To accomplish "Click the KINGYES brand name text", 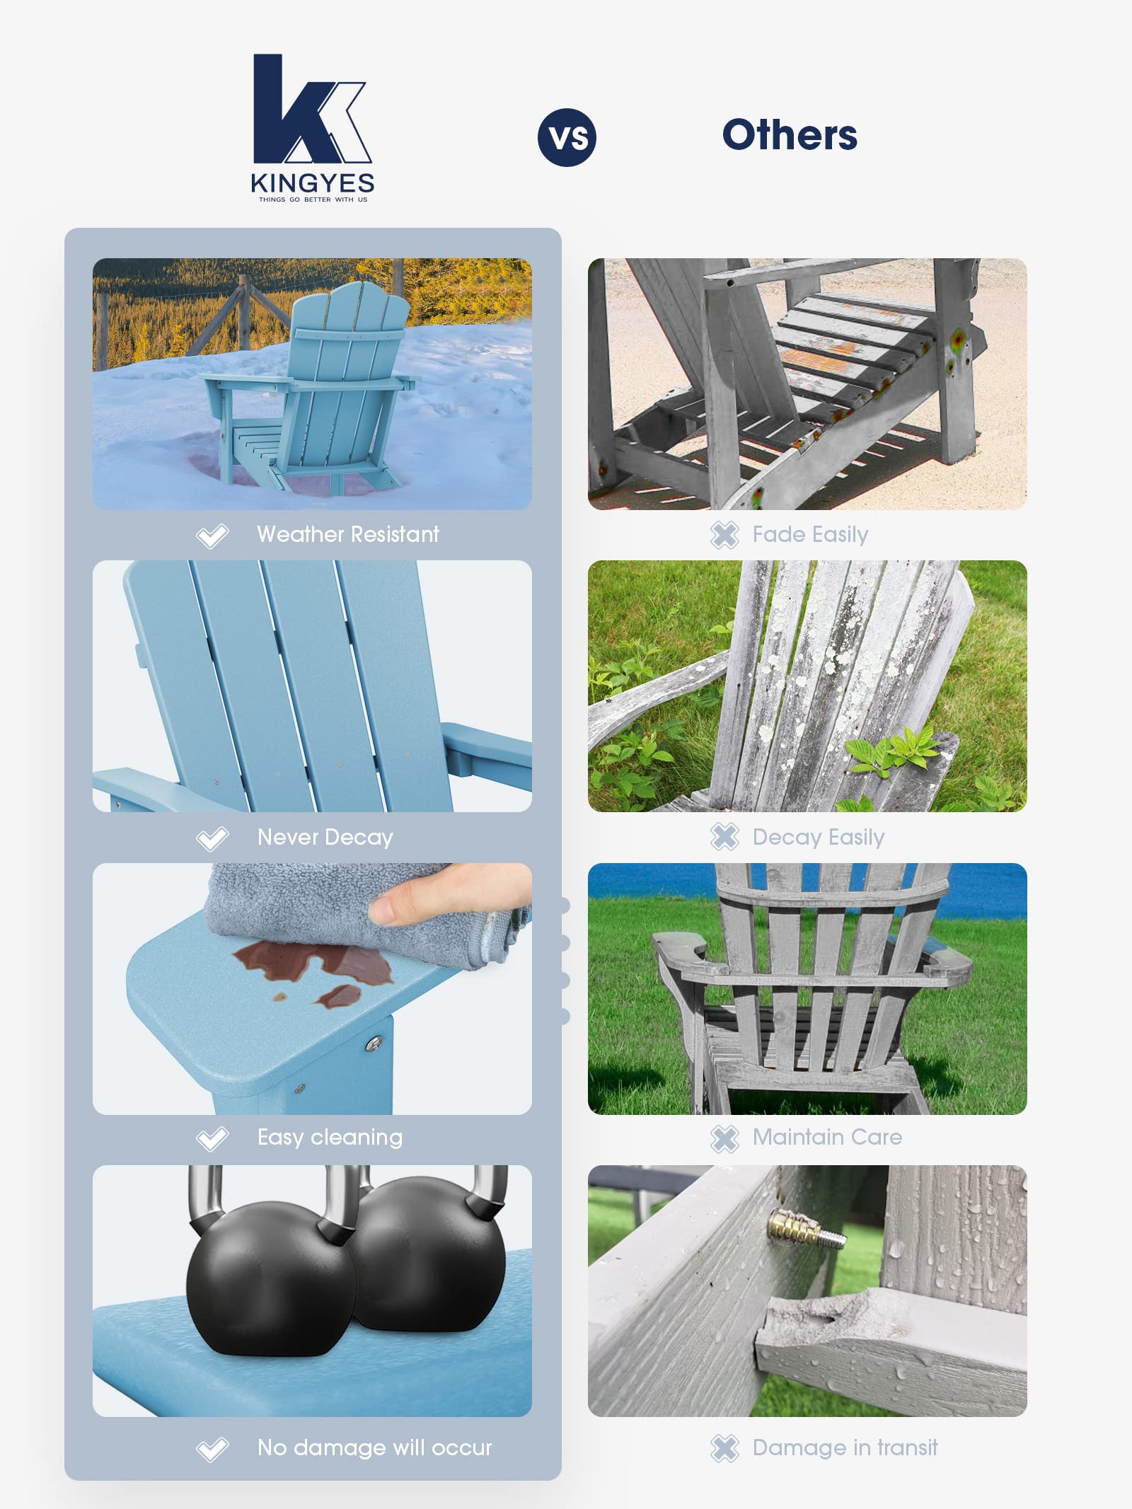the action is pos(312,183).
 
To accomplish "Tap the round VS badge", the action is pos(567,137).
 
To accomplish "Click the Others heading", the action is pos(790,135).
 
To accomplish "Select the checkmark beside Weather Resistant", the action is pos(212,536).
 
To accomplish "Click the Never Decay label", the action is pos(325,837).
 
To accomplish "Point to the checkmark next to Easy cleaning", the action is pos(212,1138).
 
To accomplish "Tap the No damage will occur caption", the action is pos(374,1447).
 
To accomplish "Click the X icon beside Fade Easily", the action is pos(724,535).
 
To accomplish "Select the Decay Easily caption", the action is pos(819,837).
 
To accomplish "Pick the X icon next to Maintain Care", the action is pos(724,1138).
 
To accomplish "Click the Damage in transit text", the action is pos(845,1447).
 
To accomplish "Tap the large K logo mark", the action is pos(311,109).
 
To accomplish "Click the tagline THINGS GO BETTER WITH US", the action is pos(313,200).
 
